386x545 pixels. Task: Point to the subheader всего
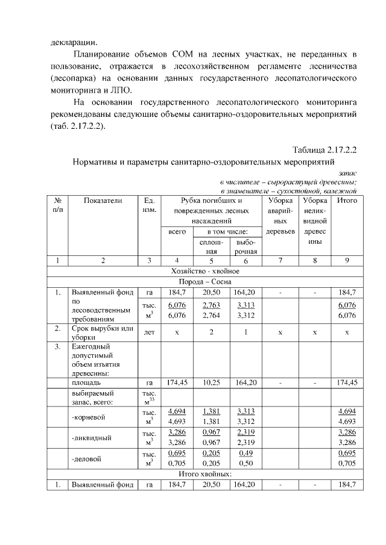[x=177, y=232]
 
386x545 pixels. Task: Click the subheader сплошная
[x=211, y=246]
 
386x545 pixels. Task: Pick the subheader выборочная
[x=245, y=246]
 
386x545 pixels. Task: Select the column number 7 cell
[x=280, y=260]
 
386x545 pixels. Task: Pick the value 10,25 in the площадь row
[x=211, y=382]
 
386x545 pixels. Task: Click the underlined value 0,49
[x=245, y=454]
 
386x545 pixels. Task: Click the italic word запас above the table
[x=348, y=172]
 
